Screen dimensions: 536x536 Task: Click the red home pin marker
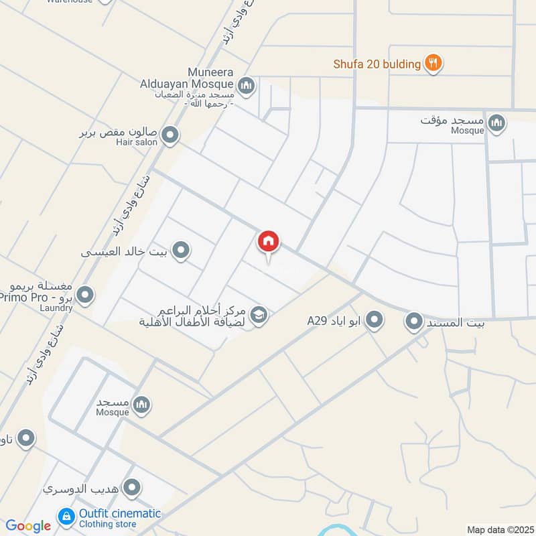tap(269, 241)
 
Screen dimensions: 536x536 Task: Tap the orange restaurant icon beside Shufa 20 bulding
tap(434, 64)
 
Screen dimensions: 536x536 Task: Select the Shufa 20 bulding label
tap(377, 64)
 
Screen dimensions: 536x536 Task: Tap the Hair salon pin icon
tap(171, 135)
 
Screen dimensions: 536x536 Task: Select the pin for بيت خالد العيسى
tap(180, 251)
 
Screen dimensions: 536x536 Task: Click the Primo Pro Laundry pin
tap(85, 294)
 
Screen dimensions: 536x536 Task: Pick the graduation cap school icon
tap(259, 314)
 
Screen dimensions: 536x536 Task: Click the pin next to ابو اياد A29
tap(375, 320)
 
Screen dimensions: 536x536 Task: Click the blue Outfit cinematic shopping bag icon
tap(66, 516)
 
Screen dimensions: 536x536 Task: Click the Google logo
tap(28, 526)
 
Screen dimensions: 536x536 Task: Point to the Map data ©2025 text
tap(499, 530)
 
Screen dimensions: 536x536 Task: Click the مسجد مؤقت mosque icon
tap(496, 123)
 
